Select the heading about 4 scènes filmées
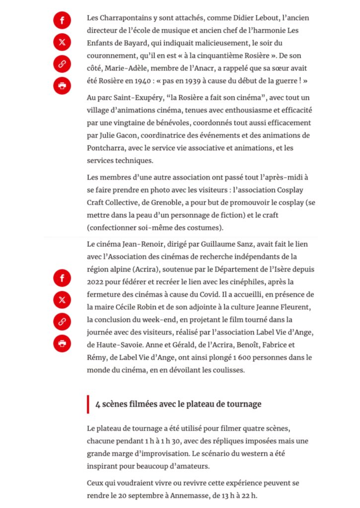(x=178, y=404)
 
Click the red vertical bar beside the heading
(x=88, y=404)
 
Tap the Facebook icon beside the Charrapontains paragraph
(x=62, y=20)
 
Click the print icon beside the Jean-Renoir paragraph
(x=62, y=343)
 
